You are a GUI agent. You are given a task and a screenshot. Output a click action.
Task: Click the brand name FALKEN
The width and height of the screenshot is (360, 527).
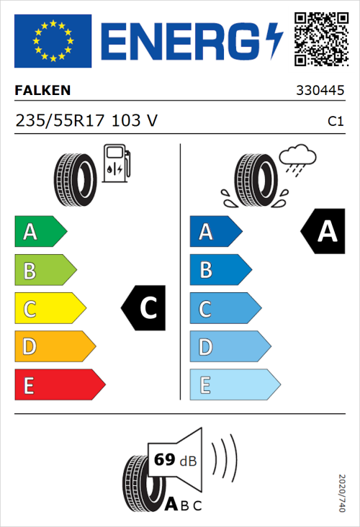(x=43, y=91)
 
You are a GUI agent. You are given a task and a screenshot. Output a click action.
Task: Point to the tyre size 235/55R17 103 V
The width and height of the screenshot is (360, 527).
(x=86, y=121)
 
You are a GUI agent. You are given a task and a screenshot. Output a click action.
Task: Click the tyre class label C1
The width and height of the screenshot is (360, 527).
(x=335, y=122)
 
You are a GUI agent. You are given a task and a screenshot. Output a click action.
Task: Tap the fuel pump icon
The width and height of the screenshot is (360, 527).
(x=116, y=163)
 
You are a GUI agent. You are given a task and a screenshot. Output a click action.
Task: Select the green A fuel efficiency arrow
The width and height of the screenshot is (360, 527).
(x=40, y=232)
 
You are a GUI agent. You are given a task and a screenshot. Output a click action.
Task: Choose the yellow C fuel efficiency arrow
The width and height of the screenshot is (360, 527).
(x=49, y=309)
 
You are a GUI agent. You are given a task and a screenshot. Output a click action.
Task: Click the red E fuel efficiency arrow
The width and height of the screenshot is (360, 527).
(x=59, y=385)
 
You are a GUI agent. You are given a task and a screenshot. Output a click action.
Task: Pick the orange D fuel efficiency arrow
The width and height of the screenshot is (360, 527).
(x=54, y=347)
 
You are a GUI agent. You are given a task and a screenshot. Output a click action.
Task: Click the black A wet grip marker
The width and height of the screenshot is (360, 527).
(x=323, y=232)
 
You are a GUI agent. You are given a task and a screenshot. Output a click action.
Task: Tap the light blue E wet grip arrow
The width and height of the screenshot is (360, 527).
(x=234, y=385)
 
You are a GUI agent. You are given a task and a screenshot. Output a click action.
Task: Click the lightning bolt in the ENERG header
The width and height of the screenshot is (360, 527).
(x=274, y=41)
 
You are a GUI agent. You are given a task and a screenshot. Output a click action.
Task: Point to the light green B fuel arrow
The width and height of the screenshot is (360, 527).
(x=45, y=271)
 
